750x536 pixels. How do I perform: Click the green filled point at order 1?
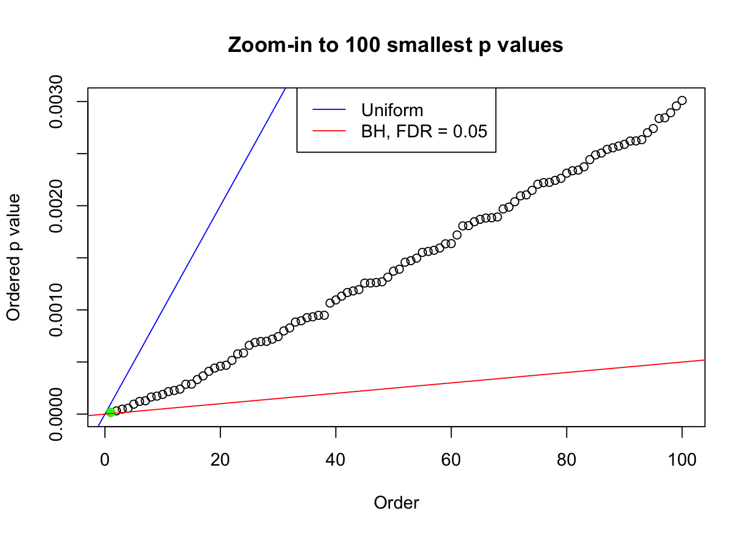tap(110, 412)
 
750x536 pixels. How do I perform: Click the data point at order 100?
tap(682, 100)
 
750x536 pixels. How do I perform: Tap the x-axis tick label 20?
tap(220, 460)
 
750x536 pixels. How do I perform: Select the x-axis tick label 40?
tap(336, 460)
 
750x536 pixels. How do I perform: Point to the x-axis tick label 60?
tap(451, 460)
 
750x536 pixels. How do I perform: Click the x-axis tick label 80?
tap(566, 460)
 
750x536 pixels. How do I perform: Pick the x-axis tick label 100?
tap(682, 460)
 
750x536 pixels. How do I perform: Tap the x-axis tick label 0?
tap(105, 460)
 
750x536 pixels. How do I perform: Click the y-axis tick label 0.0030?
tap(56, 102)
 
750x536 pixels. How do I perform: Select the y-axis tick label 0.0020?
tap(56, 205)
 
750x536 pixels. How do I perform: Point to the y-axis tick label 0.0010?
tap(56, 310)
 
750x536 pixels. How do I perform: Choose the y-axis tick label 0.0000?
tap(56, 414)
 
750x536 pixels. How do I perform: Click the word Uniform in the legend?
tap(392, 110)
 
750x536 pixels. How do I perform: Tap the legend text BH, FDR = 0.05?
tap(424, 131)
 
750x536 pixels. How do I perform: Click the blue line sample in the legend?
tap(329, 110)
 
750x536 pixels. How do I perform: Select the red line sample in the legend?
tap(329, 131)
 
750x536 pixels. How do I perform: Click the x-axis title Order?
tap(396, 502)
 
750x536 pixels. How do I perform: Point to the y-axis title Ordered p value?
tap(13, 257)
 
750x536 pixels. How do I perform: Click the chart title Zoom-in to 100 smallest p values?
tap(396, 45)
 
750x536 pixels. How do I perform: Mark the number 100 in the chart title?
tap(362, 45)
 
